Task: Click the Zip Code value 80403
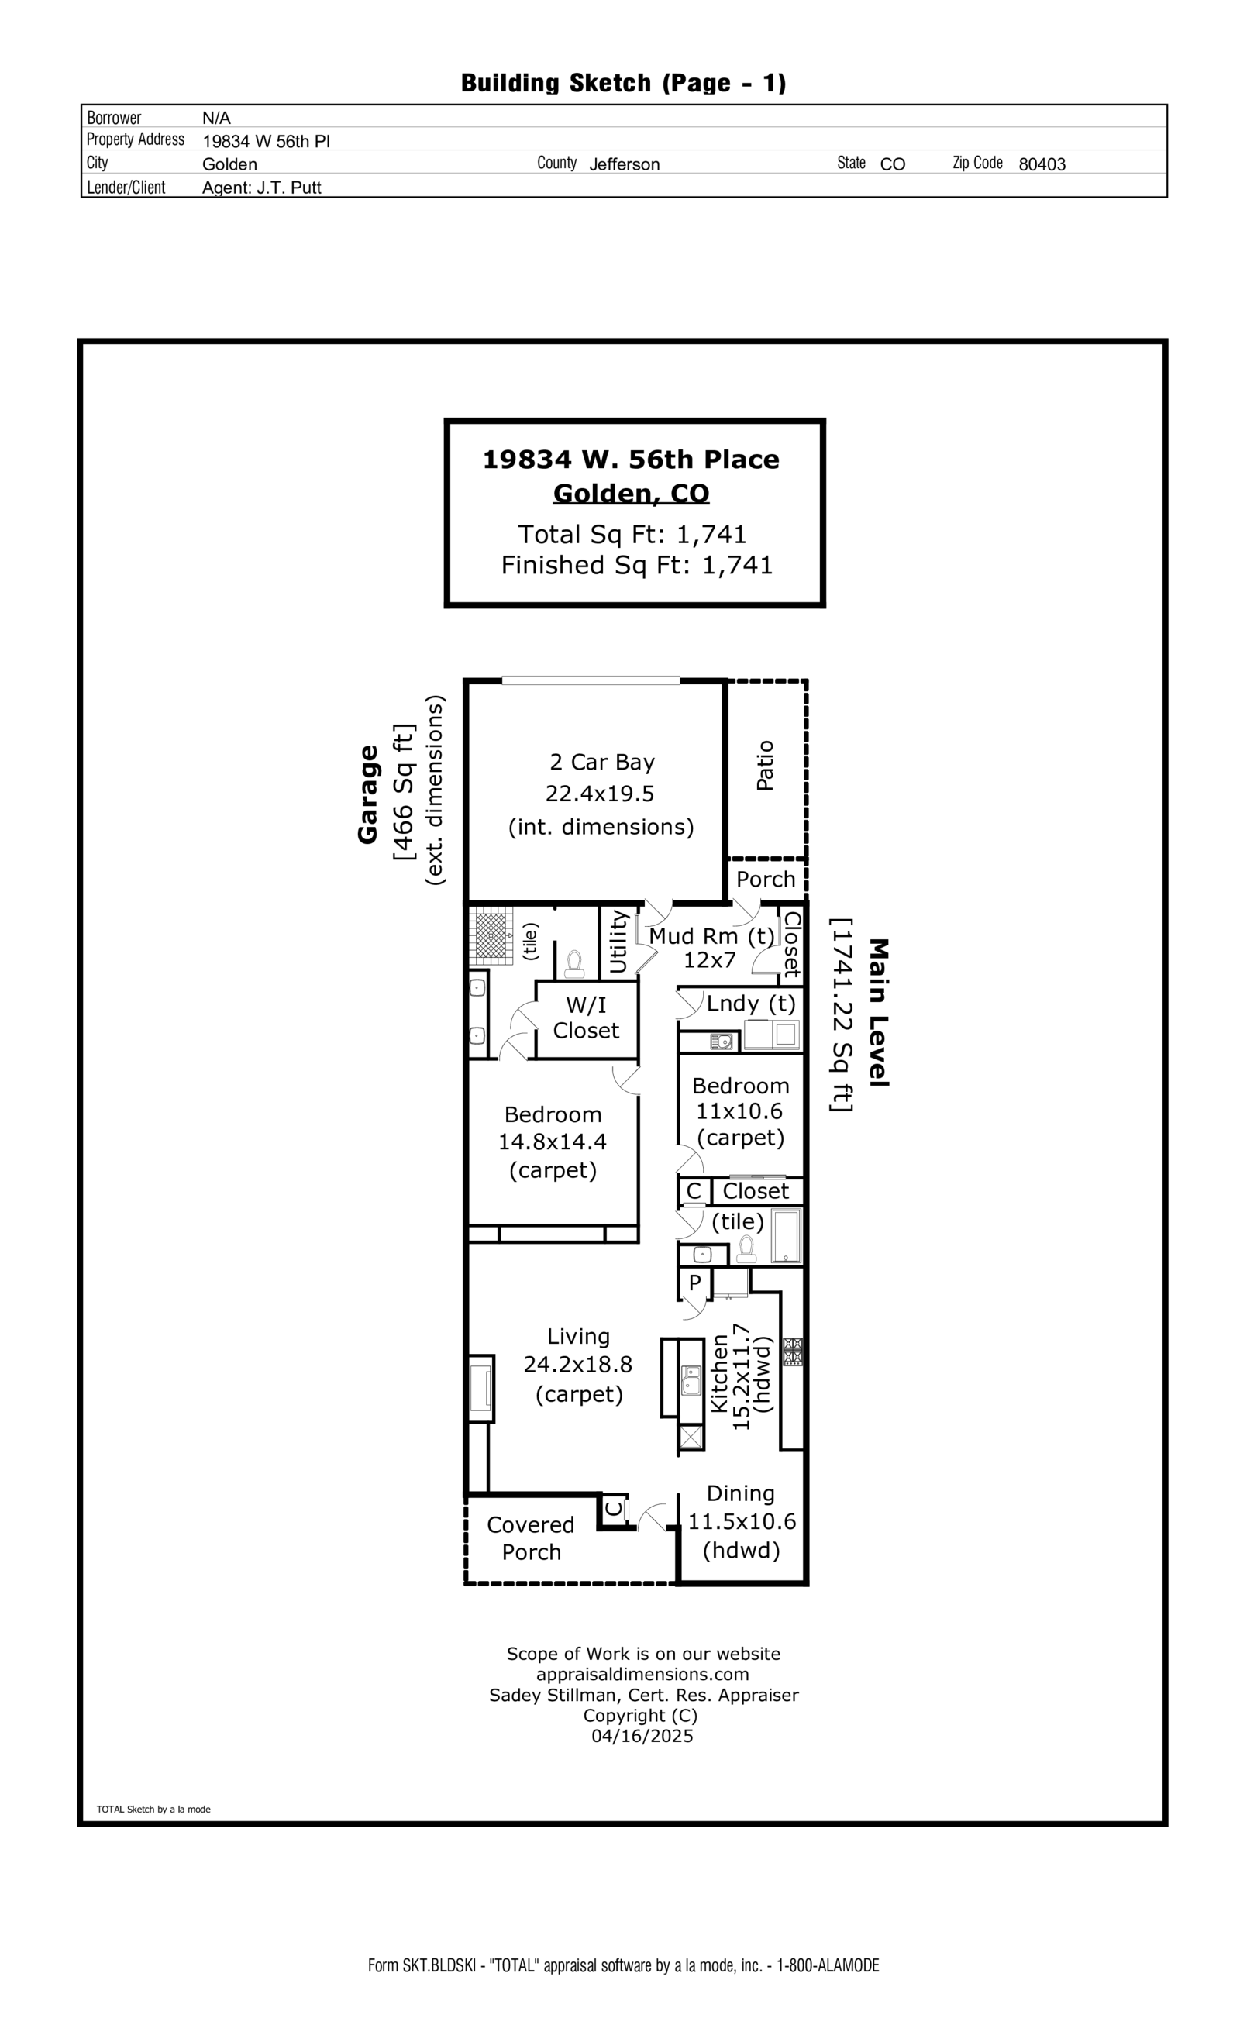[x=1041, y=164]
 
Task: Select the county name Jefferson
[x=623, y=164]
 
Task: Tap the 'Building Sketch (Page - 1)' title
[x=623, y=83]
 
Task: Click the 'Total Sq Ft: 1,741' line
[x=632, y=534]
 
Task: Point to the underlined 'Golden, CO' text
[x=631, y=493]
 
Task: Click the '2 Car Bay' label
[x=601, y=762]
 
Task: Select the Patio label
[x=765, y=765]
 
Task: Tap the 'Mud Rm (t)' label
[x=711, y=935]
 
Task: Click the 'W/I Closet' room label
[x=586, y=1018]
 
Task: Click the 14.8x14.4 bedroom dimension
[x=552, y=1142]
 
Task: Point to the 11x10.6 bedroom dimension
[x=739, y=1111]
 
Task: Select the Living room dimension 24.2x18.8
[x=577, y=1364]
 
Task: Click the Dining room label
[x=740, y=1493]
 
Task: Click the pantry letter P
[x=694, y=1282]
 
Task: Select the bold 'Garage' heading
[x=367, y=794]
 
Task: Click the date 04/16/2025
[x=642, y=1736]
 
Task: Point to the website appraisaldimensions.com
[x=642, y=1674]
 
